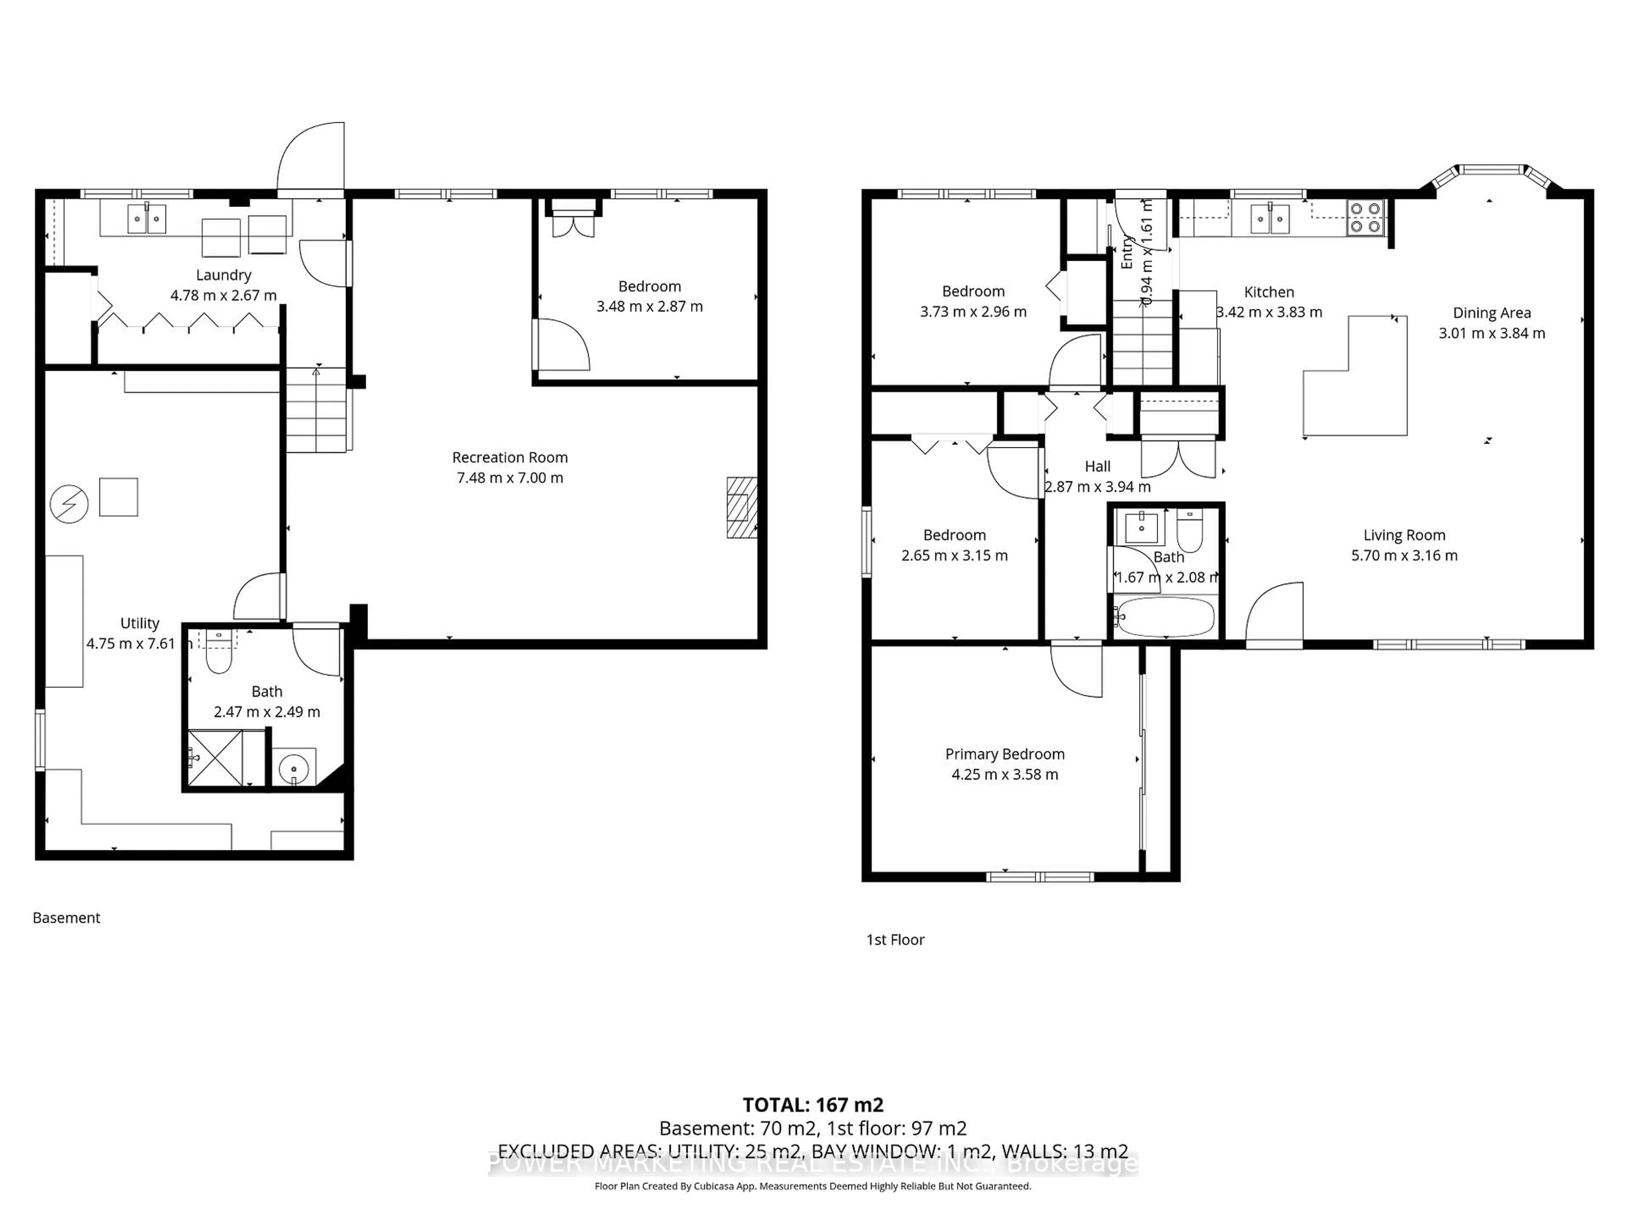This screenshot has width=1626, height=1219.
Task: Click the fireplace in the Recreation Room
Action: click(741, 507)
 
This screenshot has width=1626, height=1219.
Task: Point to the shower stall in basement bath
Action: click(215, 758)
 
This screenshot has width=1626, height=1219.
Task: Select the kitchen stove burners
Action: click(1366, 218)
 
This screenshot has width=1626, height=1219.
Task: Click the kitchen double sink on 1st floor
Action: click(1270, 219)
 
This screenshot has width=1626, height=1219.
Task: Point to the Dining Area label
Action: click(1491, 313)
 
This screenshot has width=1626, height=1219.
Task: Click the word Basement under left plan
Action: click(66, 918)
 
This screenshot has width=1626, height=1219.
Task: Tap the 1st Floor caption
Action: click(895, 940)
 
